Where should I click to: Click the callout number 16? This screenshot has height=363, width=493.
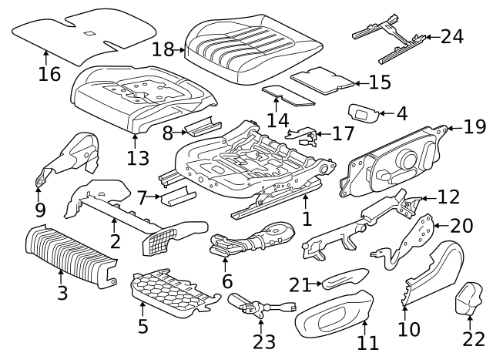(49, 74)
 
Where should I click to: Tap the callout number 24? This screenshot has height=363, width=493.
(452, 36)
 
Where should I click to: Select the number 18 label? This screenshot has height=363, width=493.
(163, 49)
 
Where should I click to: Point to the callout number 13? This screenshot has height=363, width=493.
(138, 158)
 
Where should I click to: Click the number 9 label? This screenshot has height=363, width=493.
(40, 210)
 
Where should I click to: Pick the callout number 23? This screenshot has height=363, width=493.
(264, 341)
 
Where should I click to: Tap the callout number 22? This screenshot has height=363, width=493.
(474, 339)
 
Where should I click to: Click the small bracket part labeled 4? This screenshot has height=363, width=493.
(364, 113)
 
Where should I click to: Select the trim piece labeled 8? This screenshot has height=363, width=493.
(203, 126)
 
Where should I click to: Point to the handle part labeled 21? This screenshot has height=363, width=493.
(344, 278)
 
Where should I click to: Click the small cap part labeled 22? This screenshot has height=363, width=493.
(469, 298)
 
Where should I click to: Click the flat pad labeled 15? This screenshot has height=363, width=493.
(323, 80)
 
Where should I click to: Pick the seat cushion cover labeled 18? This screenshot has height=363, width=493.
(253, 49)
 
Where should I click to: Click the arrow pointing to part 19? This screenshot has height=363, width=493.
(454, 128)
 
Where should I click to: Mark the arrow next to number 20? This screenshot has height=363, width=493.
(441, 226)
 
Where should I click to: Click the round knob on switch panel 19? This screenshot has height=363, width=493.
(408, 160)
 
